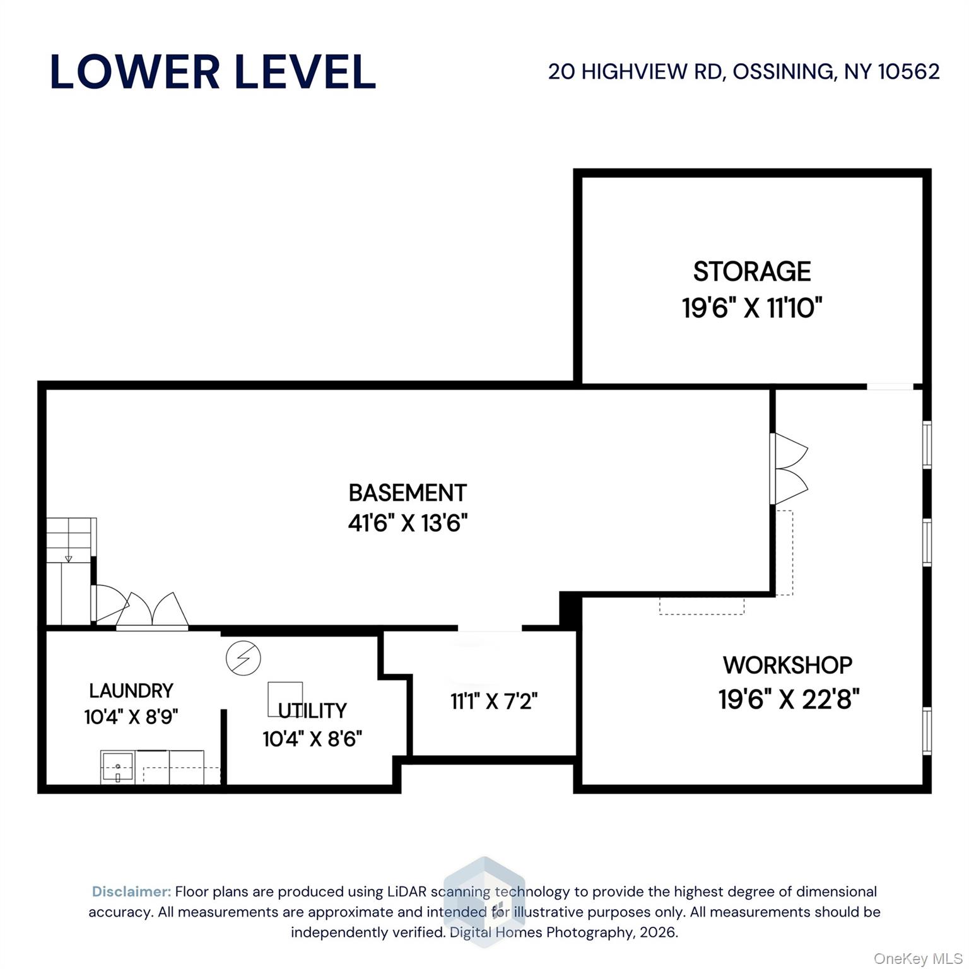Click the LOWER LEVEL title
(213, 72)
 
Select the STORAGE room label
(752, 272)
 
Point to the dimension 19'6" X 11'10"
(752, 308)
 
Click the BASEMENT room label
(408, 493)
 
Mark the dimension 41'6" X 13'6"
(408, 523)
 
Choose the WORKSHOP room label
(787, 665)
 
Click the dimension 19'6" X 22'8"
(789, 699)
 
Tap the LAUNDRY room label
(131, 691)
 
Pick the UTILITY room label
(312, 711)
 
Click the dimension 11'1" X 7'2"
(494, 701)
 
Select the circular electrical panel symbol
(244, 658)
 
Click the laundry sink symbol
(117, 768)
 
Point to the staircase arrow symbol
(68, 558)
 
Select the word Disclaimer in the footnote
(131, 891)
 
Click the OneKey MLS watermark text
(917, 959)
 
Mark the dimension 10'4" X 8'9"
(131, 717)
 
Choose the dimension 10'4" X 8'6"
(312, 739)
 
